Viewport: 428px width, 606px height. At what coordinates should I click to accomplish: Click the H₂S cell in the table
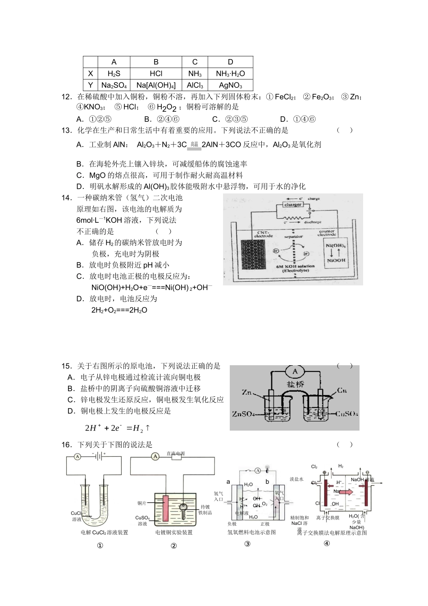[114, 73]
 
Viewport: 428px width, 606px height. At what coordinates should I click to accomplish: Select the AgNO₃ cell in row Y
[230, 85]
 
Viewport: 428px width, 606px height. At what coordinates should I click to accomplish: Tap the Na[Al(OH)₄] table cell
[156, 85]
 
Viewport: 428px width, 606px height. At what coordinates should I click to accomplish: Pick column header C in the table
[195, 62]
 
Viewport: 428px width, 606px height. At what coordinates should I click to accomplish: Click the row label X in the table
[91, 73]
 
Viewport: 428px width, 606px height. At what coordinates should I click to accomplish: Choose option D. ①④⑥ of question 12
[298, 119]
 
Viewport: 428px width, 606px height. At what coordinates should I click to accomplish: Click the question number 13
[67, 130]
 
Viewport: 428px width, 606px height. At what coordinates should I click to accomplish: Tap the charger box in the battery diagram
[293, 205]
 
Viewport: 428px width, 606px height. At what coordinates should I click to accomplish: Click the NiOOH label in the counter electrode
[336, 260]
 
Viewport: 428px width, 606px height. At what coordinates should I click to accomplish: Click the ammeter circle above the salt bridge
[295, 372]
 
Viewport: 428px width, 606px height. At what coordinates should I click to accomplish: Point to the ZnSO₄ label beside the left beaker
[243, 414]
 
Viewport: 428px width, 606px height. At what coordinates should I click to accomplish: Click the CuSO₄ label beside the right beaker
[347, 413]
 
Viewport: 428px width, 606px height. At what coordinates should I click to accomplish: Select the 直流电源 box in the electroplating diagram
[176, 456]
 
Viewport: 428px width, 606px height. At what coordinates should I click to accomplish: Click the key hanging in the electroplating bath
[184, 508]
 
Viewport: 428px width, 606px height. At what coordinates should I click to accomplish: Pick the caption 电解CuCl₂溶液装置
[105, 533]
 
